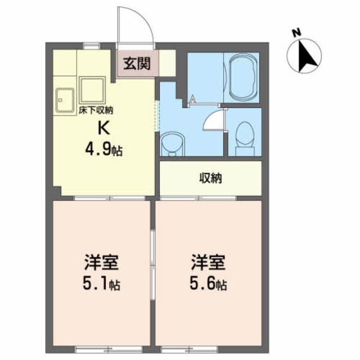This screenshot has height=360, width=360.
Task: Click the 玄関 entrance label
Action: coord(137,64)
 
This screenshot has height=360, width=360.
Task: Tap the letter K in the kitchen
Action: coord(103,129)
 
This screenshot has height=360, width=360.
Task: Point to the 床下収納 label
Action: coord(96,111)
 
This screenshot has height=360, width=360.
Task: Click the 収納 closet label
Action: coord(210,178)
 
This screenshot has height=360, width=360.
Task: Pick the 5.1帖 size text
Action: coord(101,284)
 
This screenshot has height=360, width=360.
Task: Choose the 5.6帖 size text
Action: coord(209,284)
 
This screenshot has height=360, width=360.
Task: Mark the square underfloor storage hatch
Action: coord(92,90)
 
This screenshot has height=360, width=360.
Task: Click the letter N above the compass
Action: coord(297,33)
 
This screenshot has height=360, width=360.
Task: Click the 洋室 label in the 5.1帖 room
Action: coord(101,262)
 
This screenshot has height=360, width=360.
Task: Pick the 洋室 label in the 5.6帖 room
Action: coord(209,262)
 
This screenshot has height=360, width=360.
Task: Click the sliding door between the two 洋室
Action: coord(152,265)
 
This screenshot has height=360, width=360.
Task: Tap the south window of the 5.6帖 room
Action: coord(190,349)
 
